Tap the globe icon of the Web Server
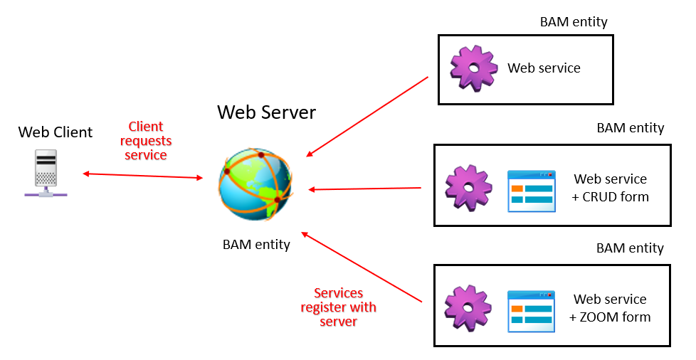(x=255, y=184)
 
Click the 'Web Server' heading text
(x=266, y=112)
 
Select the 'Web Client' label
(x=56, y=132)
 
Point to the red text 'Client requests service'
(x=146, y=141)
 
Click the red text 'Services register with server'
(x=338, y=307)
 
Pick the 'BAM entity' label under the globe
(x=256, y=245)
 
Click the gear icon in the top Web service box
(x=473, y=68)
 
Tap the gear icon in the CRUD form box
(x=468, y=188)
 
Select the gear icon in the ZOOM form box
(x=468, y=308)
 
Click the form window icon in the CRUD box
(x=531, y=191)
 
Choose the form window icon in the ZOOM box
(x=531, y=311)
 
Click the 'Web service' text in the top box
(x=544, y=68)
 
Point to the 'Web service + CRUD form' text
(x=611, y=188)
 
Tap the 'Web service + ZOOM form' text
(x=611, y=308)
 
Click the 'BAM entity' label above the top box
(x=574, y=22)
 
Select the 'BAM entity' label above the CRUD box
(x=630, y=128)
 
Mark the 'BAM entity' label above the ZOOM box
(x=630, y=248)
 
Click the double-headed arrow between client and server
(x=142, y=176)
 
